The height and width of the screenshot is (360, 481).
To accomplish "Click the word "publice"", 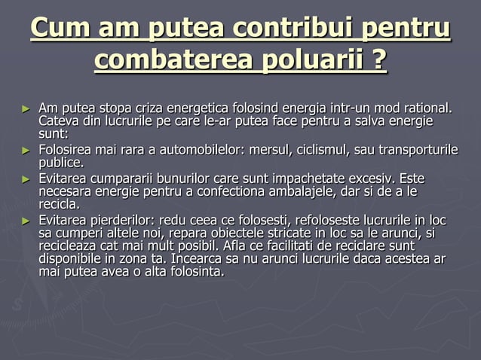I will coord(62,162).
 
